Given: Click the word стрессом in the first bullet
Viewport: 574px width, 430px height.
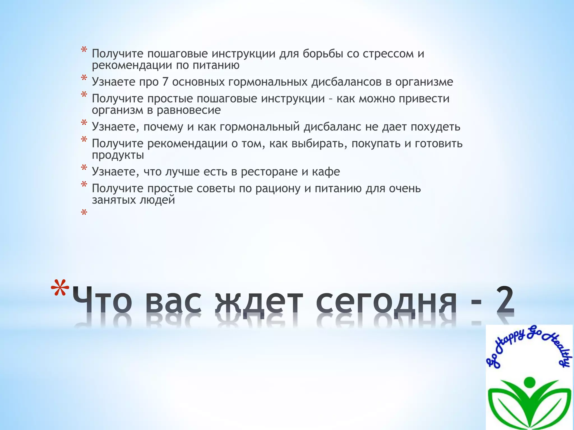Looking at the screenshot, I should pos(388,54).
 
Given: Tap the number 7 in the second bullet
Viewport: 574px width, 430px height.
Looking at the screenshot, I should pos(165,82).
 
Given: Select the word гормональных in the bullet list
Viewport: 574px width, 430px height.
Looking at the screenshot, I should pos(268,82).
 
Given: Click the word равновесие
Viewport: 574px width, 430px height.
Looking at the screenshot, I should pos(188,110).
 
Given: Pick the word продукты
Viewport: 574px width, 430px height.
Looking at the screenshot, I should pos(118,155).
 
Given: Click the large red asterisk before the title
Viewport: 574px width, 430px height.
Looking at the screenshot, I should pos(60,289).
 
